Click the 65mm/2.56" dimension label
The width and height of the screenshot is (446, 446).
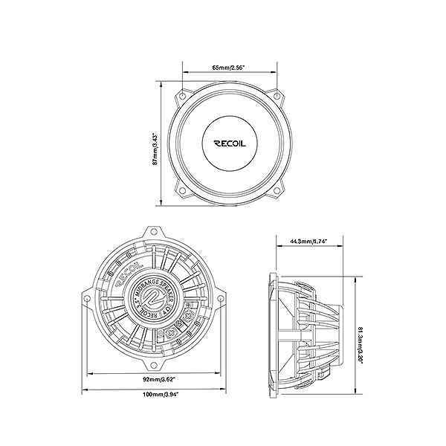coord(228,68)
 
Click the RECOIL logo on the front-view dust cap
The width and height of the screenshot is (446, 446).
coord(228,143)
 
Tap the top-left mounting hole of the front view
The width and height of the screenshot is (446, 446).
coord(180,96)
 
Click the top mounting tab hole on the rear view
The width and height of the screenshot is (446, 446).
coord(154,233)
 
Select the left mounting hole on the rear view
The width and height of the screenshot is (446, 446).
coord(88,299)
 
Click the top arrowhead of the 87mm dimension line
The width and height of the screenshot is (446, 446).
coord(161,83)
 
